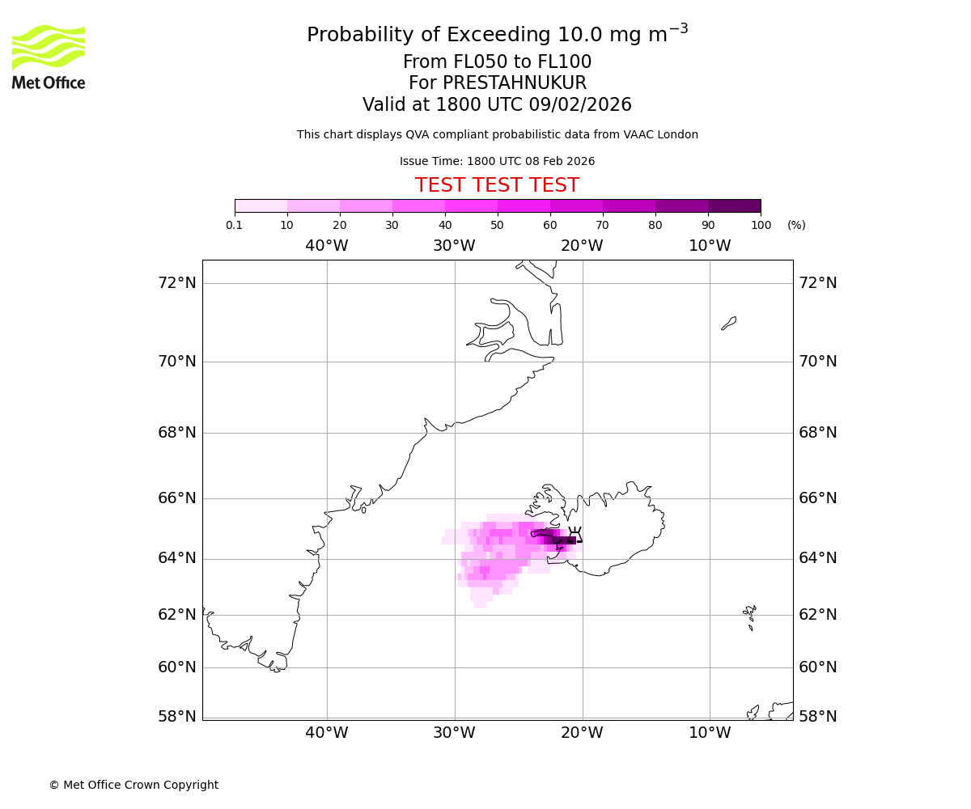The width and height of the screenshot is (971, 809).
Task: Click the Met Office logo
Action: (x=49, y=57)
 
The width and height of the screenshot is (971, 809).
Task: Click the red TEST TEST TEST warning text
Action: (x=497, y=185)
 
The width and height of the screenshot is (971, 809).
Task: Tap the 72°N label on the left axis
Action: (x=176, y=282)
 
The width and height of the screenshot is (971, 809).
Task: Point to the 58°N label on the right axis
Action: (x=818, y=716)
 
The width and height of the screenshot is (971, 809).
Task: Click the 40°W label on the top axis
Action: (x=327, y=246)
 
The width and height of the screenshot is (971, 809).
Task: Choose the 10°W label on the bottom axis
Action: (x=710, y=733)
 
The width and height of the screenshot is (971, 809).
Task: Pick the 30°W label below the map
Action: (x=454, y=733)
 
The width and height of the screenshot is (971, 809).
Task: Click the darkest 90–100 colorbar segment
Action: (x=734, y=205)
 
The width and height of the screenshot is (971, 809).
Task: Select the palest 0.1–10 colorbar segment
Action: (x=261, y=205)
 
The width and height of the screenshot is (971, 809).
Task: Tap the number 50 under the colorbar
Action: (x=497, y=225)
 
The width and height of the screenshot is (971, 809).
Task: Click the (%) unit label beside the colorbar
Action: (x=796, y=225)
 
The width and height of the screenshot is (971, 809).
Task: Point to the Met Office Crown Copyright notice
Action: (x=134, y=785)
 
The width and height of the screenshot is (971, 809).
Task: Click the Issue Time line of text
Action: (x=497, y=161)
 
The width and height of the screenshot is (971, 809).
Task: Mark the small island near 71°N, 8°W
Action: (x=729, y=323)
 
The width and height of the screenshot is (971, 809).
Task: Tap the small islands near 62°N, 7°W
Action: (x=750, y=616)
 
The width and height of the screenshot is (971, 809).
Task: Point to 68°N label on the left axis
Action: (x=176, y=432)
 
